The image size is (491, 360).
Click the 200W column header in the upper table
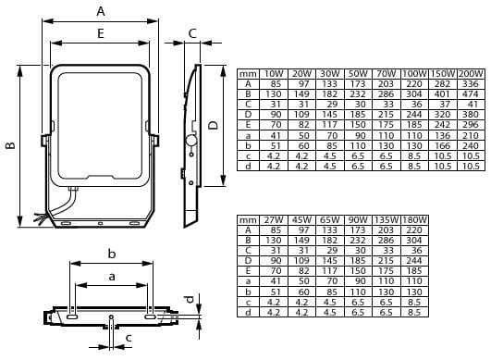pos(471,74)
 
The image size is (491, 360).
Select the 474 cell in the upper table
pos(471,94)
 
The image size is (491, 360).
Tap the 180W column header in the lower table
pos(414,220)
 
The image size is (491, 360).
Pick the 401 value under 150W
pos(442,94)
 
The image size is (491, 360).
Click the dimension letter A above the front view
pos(101,11)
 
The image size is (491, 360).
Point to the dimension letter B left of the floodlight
pos(11,145)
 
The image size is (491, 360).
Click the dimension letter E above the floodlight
pos(101,33)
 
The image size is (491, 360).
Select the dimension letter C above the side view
pos(192,33)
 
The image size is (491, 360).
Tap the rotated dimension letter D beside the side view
pos(214,125)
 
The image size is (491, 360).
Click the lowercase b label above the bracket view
pos(112,254)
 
